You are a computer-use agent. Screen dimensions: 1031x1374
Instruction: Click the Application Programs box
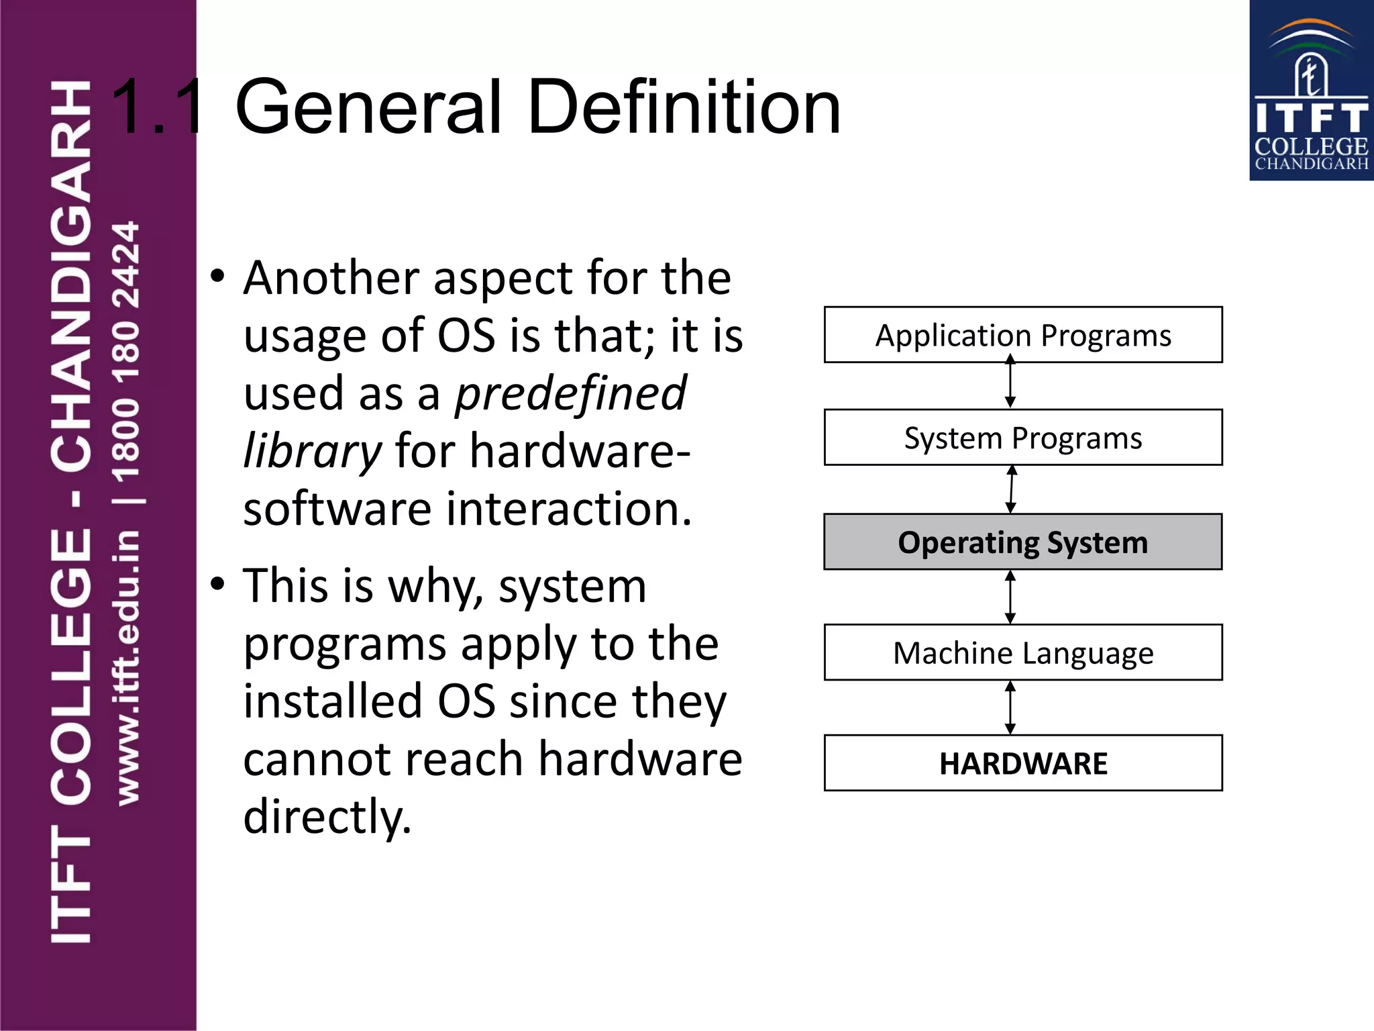[1022, 335]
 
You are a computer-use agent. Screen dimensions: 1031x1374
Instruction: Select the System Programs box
[1022, 438]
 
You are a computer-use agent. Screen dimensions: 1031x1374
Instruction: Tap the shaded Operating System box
[1022, 542]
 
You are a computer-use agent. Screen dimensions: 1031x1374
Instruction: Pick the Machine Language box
[1022, 652]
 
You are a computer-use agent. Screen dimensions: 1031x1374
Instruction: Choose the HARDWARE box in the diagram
[1022, 763]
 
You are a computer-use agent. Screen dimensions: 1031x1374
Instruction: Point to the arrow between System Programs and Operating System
[1011, 489]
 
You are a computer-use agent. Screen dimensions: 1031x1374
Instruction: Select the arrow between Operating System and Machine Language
[1010, 597]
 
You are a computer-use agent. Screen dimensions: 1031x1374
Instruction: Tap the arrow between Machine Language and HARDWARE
[1010, 707]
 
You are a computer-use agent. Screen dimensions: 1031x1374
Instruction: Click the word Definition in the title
[684, 107]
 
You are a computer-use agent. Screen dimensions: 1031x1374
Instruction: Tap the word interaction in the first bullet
[569, 509]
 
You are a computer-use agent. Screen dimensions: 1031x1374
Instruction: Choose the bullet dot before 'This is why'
[217, 583]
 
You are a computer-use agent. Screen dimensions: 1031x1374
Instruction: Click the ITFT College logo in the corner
[1311, 91]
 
